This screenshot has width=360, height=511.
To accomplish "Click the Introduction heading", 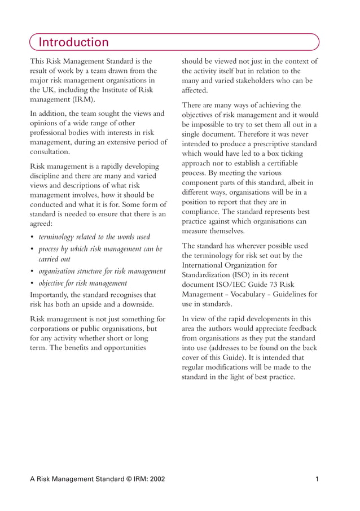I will (x=73, y=42).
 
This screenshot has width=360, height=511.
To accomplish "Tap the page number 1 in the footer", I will (x=317, y=479).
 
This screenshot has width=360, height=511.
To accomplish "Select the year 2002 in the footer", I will (x=155, y=479).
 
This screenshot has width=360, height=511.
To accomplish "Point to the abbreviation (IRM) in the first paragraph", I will (x=83, y=99).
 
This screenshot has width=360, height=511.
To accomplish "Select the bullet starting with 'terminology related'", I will (x=94, y=237).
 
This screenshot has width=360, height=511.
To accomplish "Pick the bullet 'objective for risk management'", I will (x=82, y=283).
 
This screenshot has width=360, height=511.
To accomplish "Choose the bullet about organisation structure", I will (x=102, y=271).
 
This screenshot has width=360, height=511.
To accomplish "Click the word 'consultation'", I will (x=50, y=152).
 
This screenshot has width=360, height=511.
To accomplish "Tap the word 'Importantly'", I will (x=52, y=295).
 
